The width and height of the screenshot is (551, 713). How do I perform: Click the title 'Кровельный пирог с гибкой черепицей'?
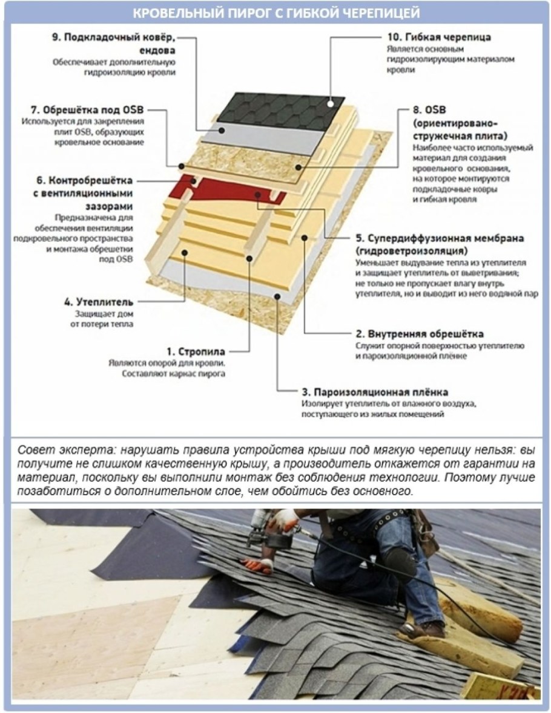pos(275,13)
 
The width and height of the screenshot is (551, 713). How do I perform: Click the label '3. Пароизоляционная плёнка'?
pos(374,392)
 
